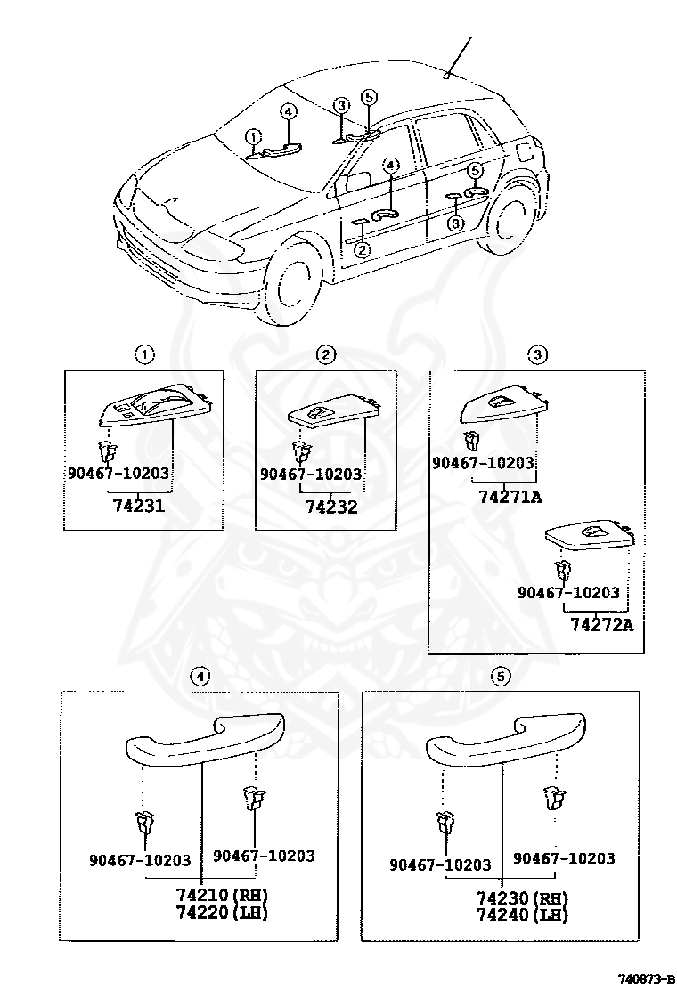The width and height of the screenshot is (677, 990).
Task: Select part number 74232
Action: (330, 507)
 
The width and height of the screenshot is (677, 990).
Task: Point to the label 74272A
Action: (601, 624)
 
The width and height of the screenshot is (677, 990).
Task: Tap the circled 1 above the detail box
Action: (144, 355)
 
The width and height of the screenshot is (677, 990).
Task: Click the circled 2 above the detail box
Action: (326, 355)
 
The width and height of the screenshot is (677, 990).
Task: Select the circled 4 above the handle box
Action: (201, 677)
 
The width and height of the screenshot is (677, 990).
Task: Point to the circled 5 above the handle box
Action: (501, 677)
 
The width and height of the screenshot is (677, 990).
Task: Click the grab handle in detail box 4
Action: (205, 736)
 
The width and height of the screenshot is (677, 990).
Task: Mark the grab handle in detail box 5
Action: (505, 738)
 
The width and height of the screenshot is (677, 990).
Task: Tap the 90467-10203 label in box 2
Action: (311, 475)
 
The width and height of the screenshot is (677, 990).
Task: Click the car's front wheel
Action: (290, 286)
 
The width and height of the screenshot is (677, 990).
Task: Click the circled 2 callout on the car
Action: (363, 250)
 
